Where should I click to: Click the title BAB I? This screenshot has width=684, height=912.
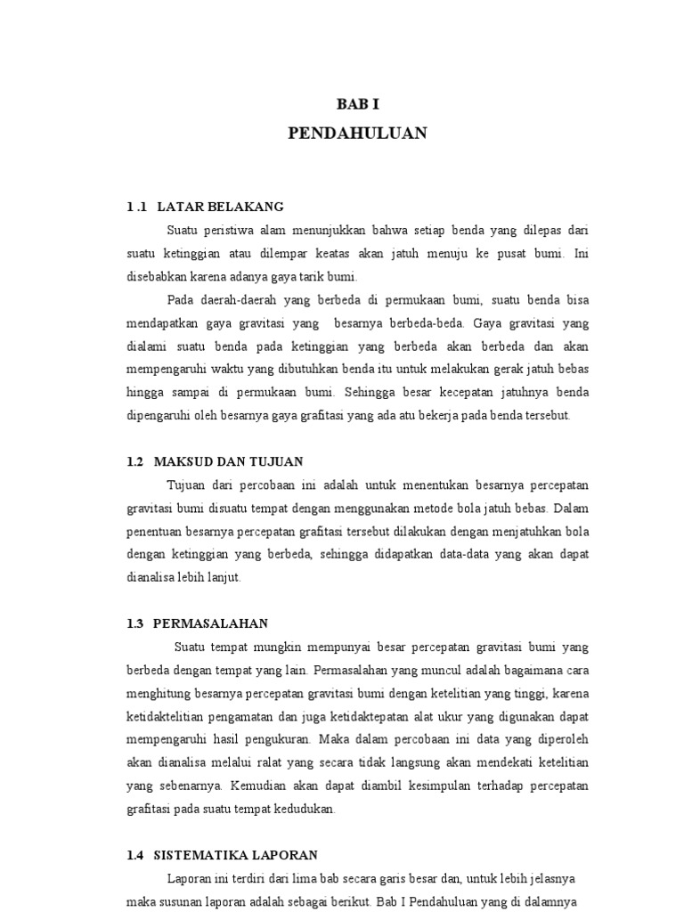tap(357, 104)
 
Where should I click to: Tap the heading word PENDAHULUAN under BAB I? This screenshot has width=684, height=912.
tap(357, 134)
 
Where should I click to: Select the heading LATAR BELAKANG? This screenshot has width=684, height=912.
tap(220, 207)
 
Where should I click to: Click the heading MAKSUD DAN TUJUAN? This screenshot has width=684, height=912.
tap(229, 461)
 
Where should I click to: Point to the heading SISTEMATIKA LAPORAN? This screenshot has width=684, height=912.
tap(236, 855)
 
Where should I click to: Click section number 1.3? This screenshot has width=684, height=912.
tap(135, 623)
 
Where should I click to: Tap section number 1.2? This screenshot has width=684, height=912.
tap(135, 461)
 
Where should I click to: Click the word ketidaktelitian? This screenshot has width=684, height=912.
tap(167, 716)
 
